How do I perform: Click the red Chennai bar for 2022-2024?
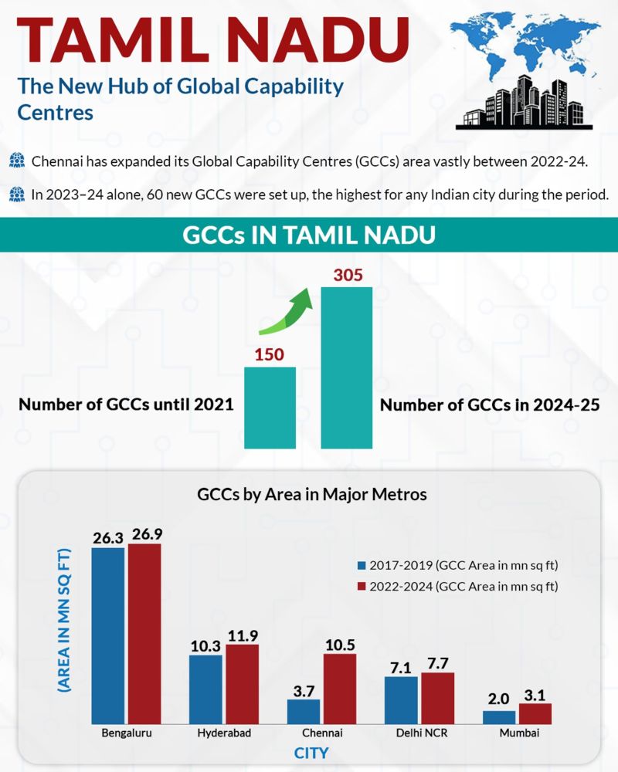pyautogui.click(x=340, y=688)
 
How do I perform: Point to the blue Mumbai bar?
pyautogui.click(x=498, y=716)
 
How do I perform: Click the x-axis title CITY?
pyautogui.click(x=311, y=753)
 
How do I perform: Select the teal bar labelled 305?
pyautogui.click(x=347, y=367)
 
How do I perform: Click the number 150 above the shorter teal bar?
pyautogui.click(x=270, y=354)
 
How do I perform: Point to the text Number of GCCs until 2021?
pyautogui.click(x=126, y=405)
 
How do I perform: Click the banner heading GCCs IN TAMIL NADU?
pyautogui.click(x=309, y=235)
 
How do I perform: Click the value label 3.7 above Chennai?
pyautogui.click(x=304, y=689)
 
